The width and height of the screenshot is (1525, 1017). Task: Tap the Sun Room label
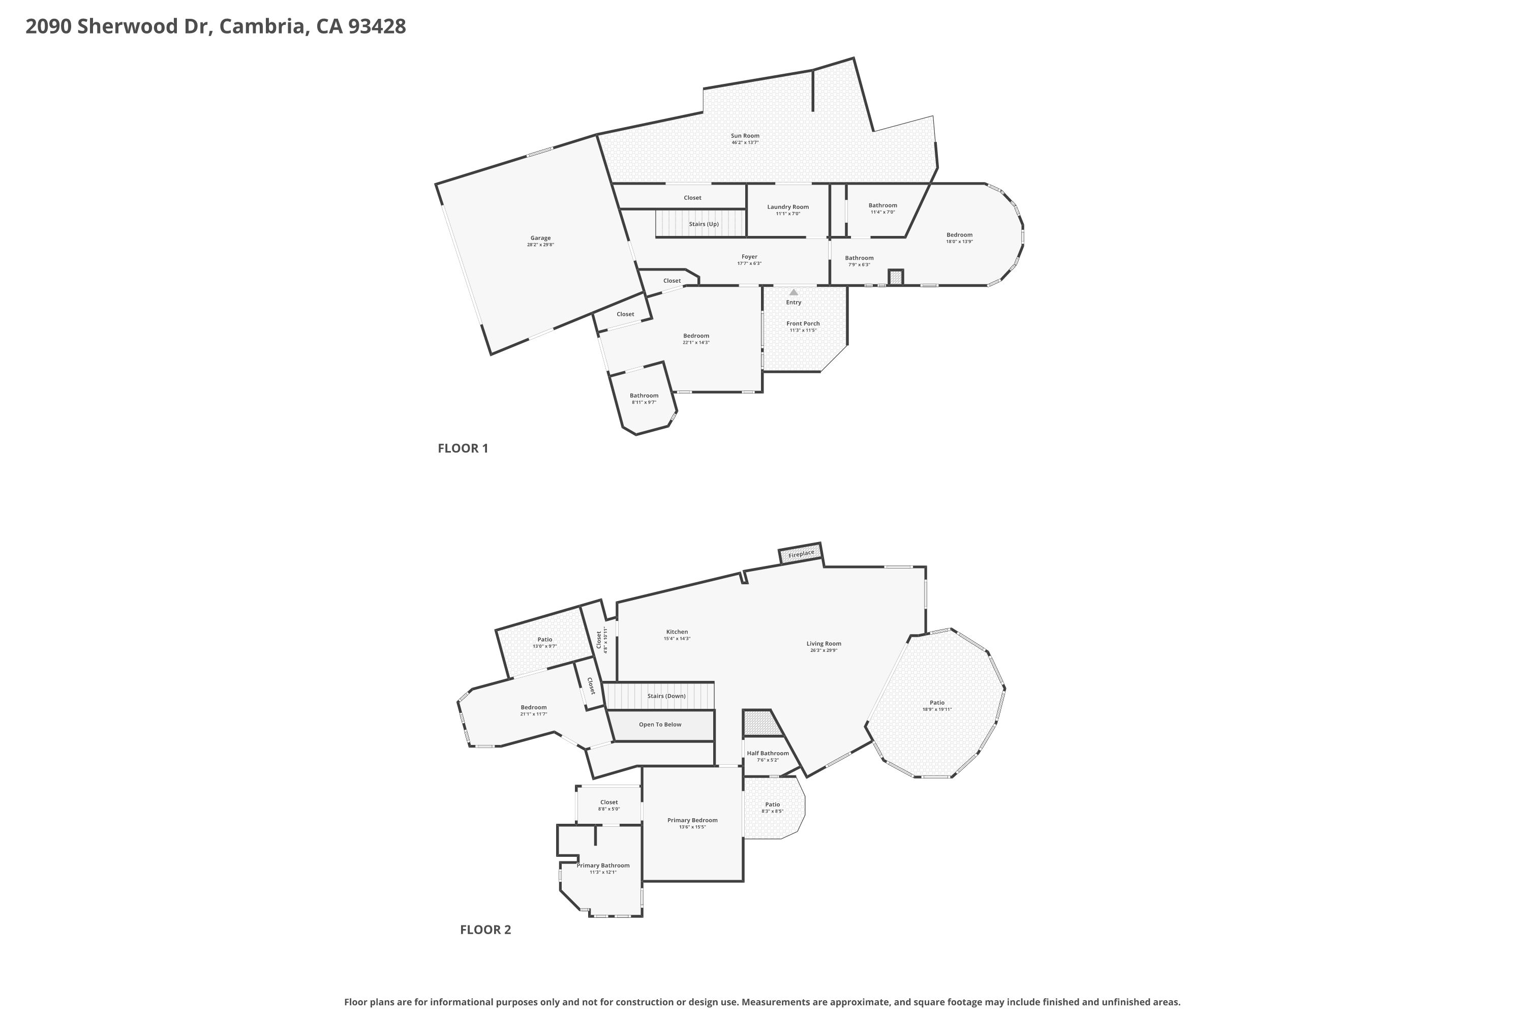[745, 136]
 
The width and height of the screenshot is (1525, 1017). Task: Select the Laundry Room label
[788, 207]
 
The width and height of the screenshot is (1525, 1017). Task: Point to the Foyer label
[749, 257]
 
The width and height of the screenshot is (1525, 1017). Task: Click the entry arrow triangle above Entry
[794, 292]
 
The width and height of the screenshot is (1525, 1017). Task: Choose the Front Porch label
[803, 323]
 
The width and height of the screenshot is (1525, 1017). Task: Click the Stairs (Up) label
[704, 224]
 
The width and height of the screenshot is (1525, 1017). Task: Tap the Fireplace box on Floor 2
[801, 554]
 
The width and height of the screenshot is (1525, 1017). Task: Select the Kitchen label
[677, 632]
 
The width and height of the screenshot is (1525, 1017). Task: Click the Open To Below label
[660, 725]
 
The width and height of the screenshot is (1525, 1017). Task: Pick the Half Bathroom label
[768, 754]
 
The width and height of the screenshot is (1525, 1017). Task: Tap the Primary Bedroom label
[692, 821]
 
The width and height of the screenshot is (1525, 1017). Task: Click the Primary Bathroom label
[603, 865]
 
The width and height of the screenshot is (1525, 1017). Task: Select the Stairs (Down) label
[666, 696]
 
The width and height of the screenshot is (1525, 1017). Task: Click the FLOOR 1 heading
[463, 448]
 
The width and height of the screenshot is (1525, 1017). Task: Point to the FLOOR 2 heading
[485, 930]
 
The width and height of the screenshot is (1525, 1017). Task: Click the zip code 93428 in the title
[377, 26]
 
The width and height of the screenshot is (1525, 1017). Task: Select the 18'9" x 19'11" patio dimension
[937, 709]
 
